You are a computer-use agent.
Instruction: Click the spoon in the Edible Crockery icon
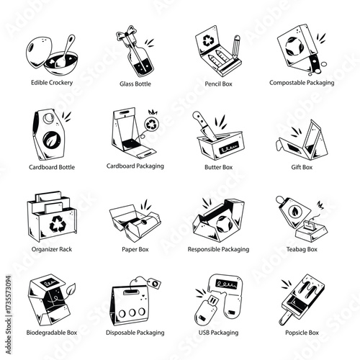[x=66, y=52]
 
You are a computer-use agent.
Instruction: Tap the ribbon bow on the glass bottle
[x=125, y=35]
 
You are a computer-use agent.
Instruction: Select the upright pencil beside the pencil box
[x=236, y=47]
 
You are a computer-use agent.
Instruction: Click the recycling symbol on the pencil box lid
[x=208, y=40]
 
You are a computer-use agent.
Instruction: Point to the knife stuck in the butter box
[x=204, y=126]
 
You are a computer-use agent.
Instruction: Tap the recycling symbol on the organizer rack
[x=58, y=224]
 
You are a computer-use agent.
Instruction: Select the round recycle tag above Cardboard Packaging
[x=152, y=124]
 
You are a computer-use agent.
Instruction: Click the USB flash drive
[x=207, y=310]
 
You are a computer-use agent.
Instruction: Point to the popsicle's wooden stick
[x=286, y=318]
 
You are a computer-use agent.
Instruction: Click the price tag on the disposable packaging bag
[x=154, y=283]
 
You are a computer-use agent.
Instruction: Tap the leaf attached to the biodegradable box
[x=70, y=290]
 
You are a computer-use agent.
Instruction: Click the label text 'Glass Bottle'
[x=135, y=84]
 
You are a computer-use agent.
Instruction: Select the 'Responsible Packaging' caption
[x=218, y=249]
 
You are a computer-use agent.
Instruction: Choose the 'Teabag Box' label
[x=302, y=249]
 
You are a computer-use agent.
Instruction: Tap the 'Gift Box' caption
[x=302, y=167]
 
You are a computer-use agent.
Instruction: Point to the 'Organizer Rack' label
[x=52, y=249]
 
